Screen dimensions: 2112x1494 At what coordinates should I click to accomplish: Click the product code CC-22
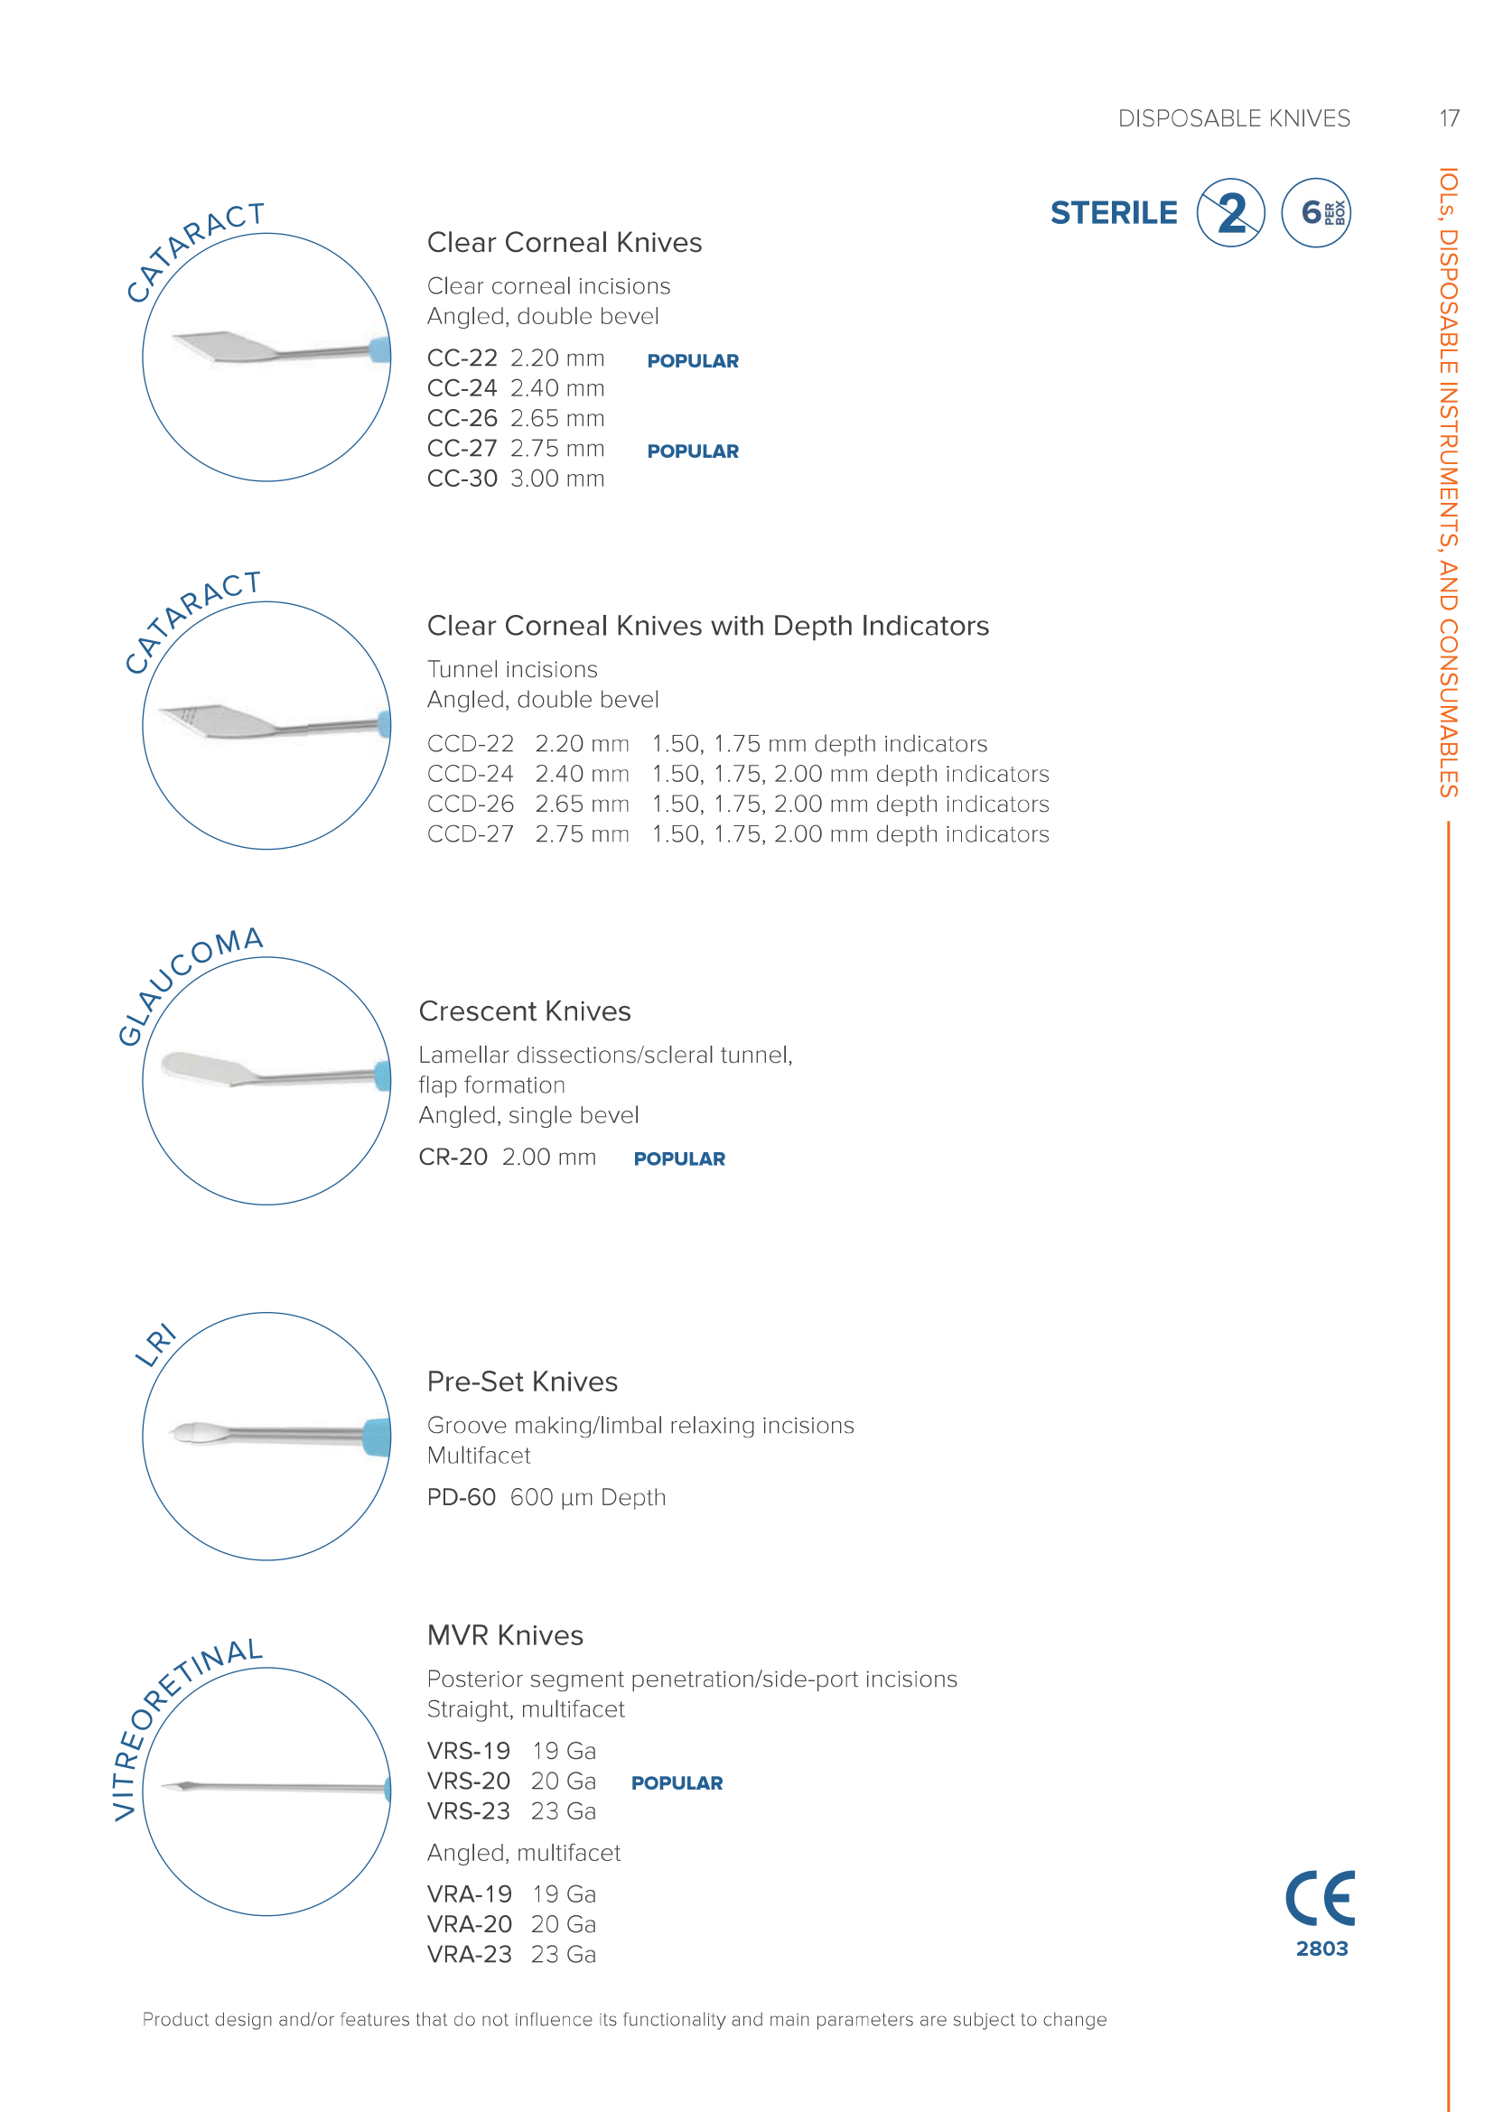462,358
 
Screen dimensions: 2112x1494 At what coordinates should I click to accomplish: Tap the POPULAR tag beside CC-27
693,451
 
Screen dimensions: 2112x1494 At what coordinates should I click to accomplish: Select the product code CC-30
462,479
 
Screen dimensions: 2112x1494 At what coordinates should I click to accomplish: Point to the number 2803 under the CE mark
1322,1949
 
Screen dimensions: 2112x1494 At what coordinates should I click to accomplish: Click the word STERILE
1113,213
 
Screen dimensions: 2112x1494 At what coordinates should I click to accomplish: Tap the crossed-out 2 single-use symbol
1231,213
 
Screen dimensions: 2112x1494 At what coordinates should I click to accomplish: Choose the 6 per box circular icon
1315,213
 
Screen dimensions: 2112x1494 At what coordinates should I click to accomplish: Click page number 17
1449,118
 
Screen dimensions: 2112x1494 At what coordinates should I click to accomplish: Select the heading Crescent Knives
525,1011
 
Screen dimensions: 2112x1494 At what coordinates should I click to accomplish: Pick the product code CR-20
453,1158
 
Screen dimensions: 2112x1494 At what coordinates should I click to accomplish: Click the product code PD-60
461,1497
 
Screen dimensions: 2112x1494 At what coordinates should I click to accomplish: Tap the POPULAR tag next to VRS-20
677,1783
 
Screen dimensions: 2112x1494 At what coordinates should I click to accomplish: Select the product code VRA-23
469,1955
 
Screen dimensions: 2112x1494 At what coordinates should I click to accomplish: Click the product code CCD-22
470,743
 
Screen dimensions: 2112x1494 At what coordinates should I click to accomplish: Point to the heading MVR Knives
505,1635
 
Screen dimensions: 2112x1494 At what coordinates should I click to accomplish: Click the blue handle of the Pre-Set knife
377,1437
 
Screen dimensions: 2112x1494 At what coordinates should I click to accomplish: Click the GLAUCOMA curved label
185,982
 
